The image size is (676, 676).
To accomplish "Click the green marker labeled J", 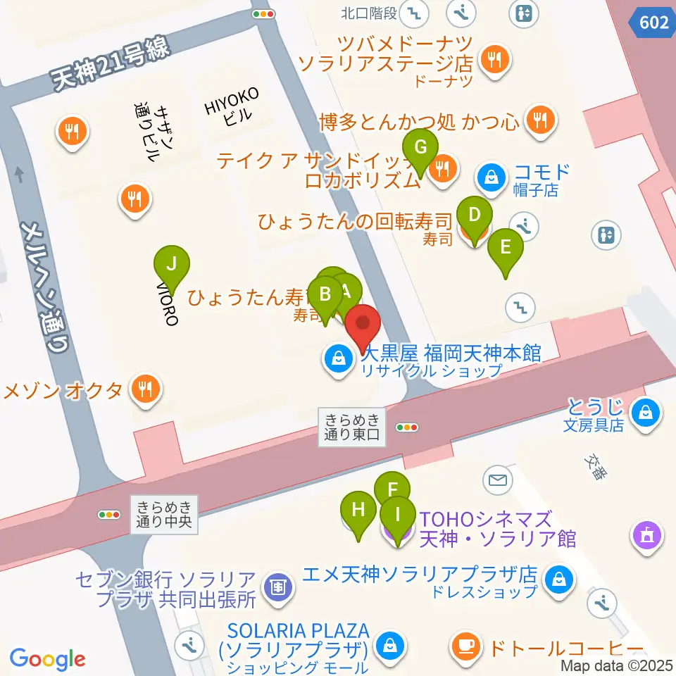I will [172, 266].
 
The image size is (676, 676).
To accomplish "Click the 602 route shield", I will [653, 23].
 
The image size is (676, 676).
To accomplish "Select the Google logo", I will [47, 659].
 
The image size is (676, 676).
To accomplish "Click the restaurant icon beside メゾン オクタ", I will [145, 389].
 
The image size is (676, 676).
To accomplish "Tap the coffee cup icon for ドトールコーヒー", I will [465, 644].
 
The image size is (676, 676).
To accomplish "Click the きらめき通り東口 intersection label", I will [352, 426].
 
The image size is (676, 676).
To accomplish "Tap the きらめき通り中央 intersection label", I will [163, 513].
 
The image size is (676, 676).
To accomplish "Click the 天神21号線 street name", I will [113, 65].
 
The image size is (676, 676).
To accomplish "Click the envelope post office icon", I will [498, 481].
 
